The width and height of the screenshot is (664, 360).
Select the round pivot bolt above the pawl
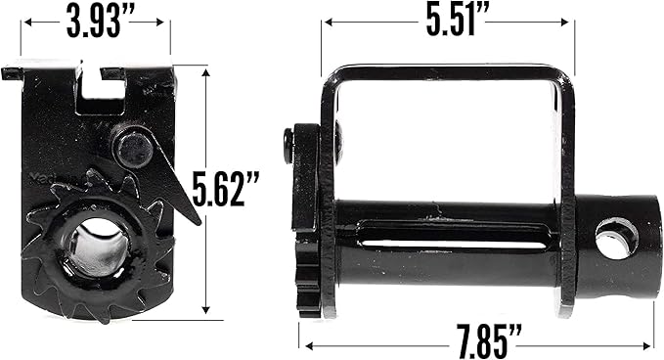pyautogui.click(x=134, y=149)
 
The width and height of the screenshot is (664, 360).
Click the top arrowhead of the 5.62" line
pyautogui.click(x=205, y=69)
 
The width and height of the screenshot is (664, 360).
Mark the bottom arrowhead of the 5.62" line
pyautogui.click(x=205, y=311)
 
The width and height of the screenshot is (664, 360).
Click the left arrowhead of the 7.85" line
pyautogui.click(x=304, y=343)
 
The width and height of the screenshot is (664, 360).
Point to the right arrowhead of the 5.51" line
pyautogui.click(x=571, y=21)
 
